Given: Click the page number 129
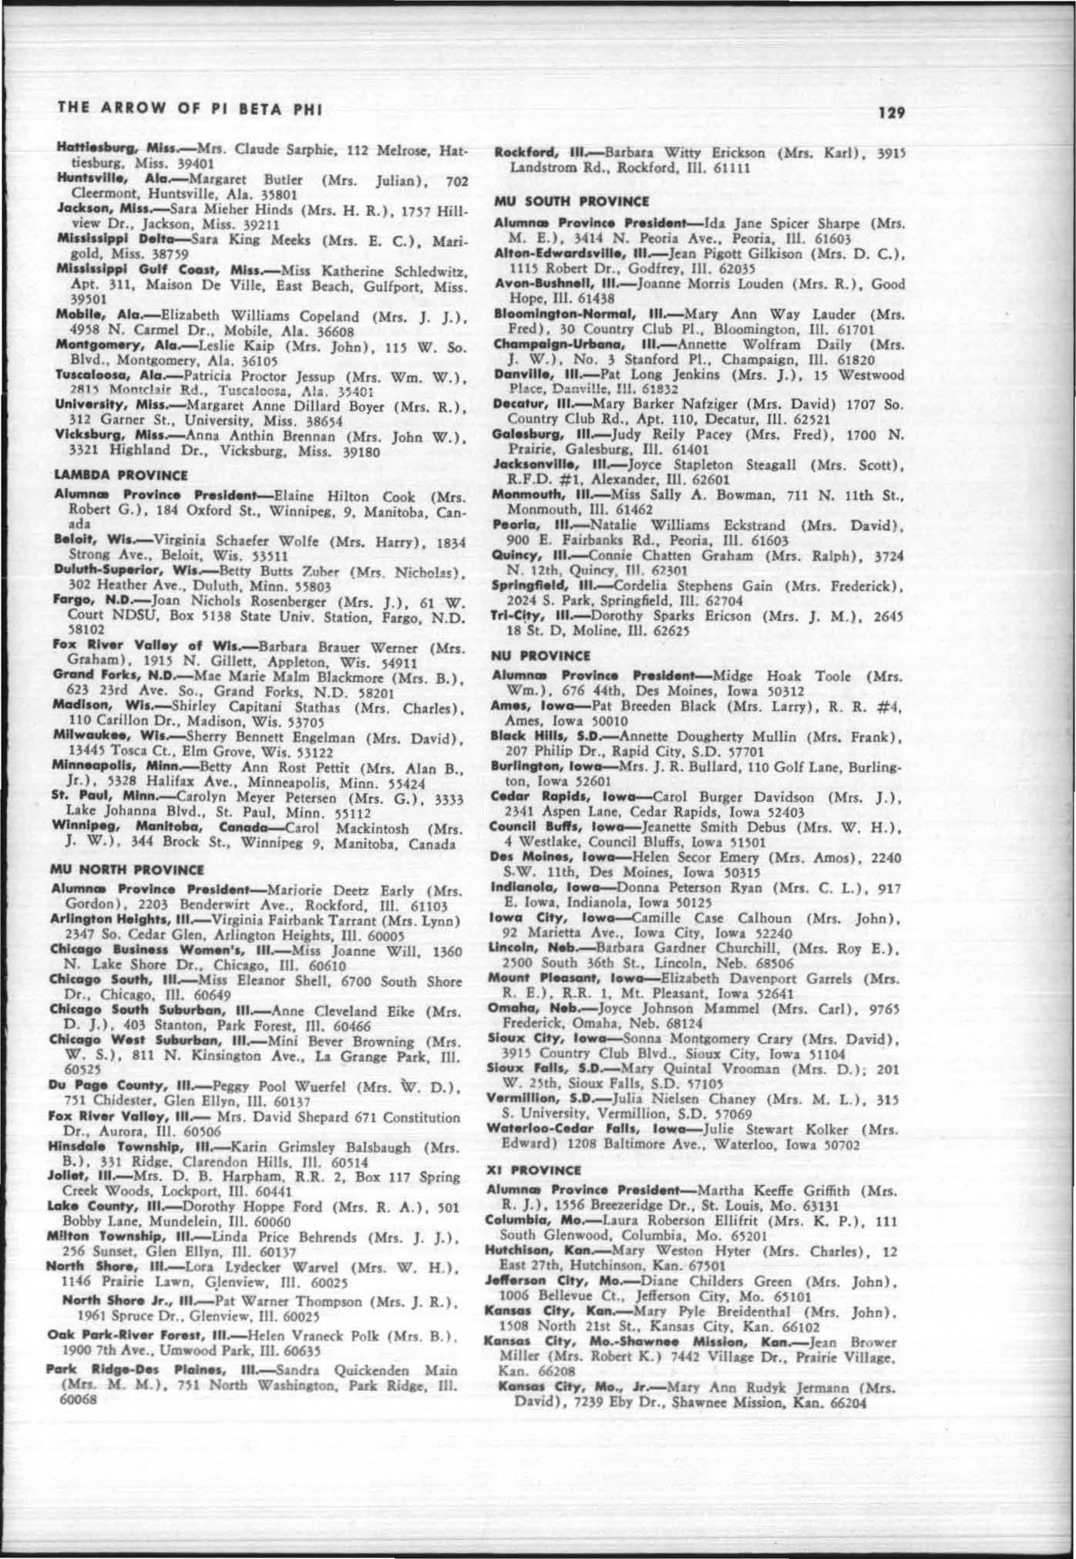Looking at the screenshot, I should (891, 113).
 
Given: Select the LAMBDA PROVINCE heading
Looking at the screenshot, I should (120, 476).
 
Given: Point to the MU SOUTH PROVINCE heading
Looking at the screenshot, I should (571, 202).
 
